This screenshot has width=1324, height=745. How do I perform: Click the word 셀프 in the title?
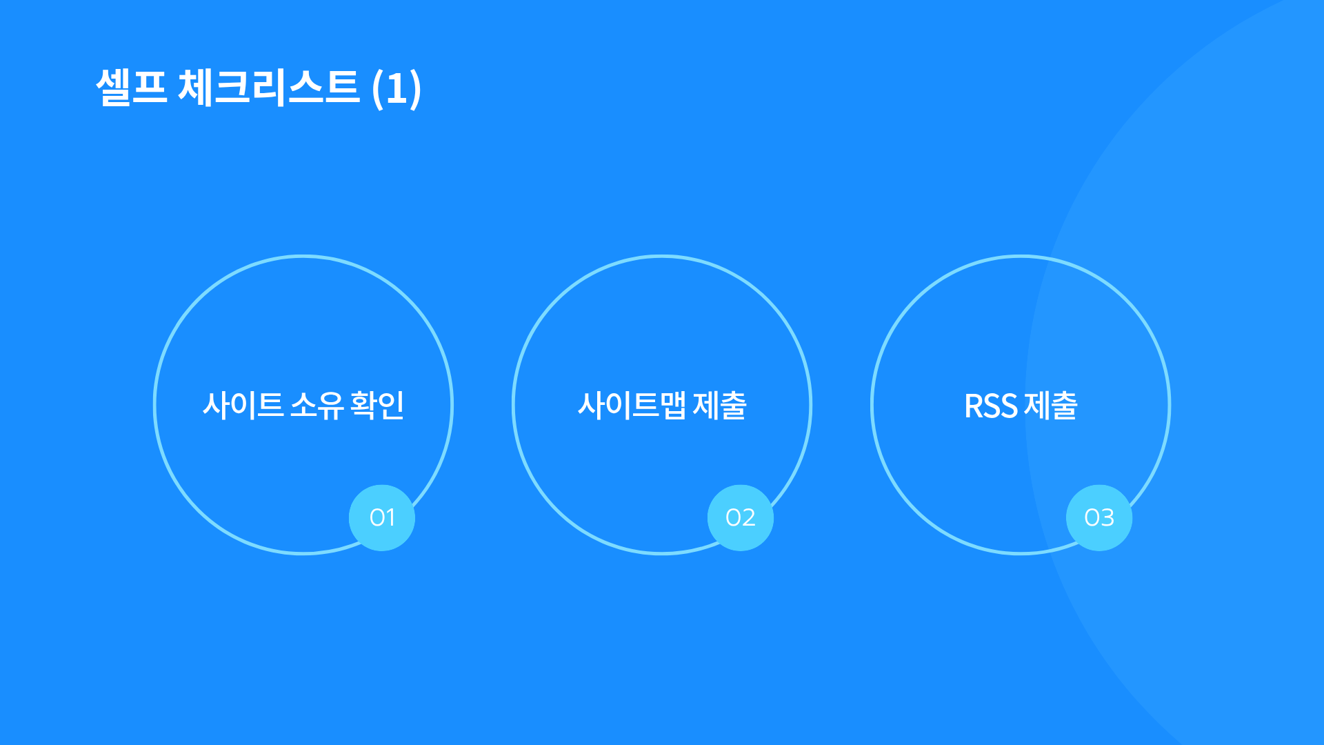click(x=132, y=88)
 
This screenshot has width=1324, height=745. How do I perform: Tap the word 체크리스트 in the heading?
click(x=269, y=88)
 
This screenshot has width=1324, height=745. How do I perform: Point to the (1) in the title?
click(x=397, y=88)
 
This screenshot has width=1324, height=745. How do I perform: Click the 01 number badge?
click(x=382, y=518)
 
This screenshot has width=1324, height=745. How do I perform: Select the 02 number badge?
click(x=741, y=518)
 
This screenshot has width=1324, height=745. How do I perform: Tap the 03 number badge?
click(x=1099, y=518)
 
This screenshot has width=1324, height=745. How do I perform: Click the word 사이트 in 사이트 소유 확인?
click(x=243, y=405)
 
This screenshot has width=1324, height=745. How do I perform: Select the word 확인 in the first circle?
click(x=377, y=405)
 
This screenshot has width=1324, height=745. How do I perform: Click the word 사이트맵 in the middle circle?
click(x=632, y=405)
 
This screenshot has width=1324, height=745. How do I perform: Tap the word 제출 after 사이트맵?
click(x=720, y=405)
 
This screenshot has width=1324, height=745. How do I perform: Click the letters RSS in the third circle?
click(x=991, y=406)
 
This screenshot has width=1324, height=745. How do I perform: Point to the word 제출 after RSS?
click(x=1051, y=405)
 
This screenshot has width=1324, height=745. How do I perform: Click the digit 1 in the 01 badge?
click(x=391, y=517)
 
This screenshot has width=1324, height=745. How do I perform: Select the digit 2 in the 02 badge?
click(x=749, y=517)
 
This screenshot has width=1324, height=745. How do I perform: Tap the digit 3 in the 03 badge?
click(x=1107, y=517)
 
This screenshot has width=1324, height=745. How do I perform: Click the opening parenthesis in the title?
click(x=377, y=88)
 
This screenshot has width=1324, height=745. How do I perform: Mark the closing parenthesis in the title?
click(x=415, y=88)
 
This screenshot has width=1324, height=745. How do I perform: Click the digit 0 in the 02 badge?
click(x=733, y=517)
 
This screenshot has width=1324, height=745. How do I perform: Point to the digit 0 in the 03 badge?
click(x=1092, y=517)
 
